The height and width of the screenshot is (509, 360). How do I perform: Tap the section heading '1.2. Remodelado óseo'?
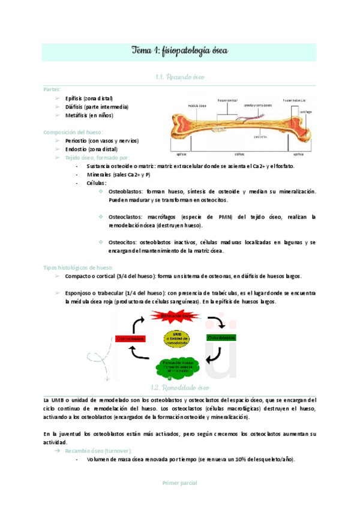click(x=179, y=388)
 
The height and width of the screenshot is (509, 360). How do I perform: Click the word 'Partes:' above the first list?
click(x=53, y=89)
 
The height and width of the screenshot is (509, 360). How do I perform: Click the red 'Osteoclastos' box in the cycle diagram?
click(x=131, y=339)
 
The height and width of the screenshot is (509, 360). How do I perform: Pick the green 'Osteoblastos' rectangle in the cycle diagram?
click(x=221, y=338)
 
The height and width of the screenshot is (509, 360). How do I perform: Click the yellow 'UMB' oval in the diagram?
click(x=176, y=338)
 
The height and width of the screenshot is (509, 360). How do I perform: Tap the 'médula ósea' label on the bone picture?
click(x=197, y=105)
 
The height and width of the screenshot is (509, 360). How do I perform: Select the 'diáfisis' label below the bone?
click(x=239, y=153)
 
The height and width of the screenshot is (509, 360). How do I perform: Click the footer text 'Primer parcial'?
click(x=179, y=483)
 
